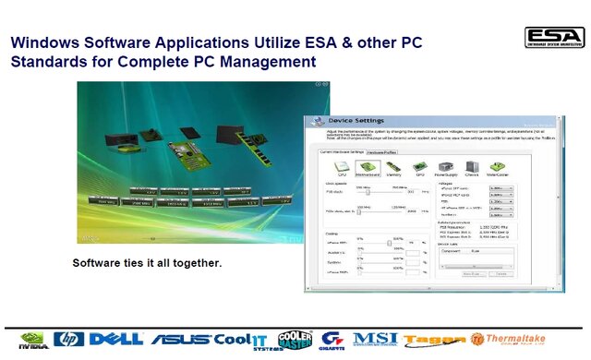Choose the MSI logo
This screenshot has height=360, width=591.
(375, 339)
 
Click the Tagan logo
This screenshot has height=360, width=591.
(430, 341)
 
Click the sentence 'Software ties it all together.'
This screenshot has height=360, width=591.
(147, 263)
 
